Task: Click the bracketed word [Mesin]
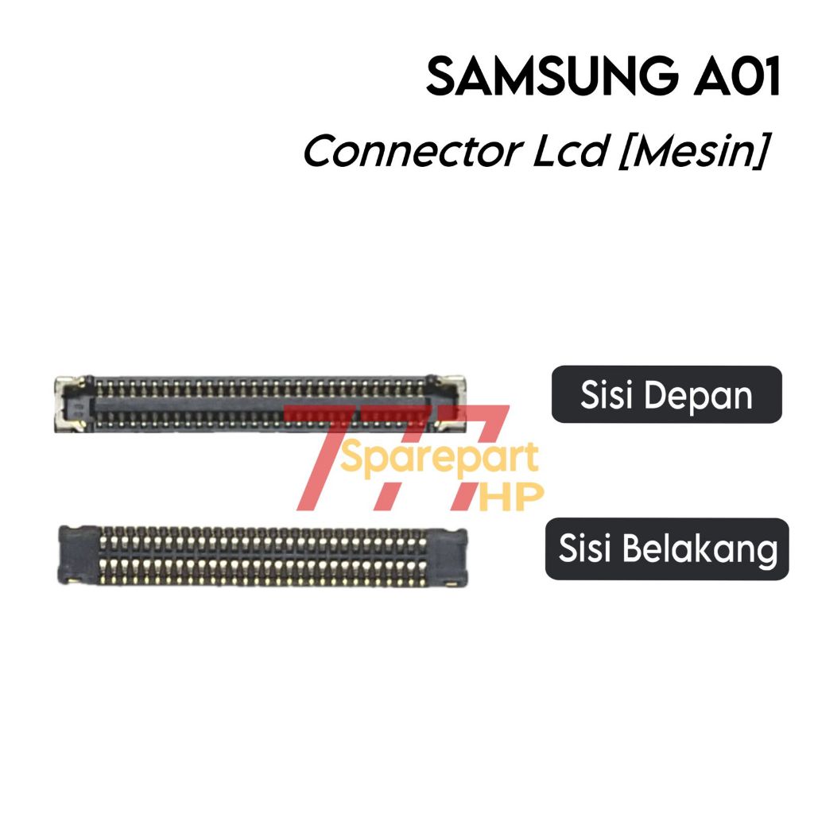(x=691, y=151)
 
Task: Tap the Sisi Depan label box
(x=666, y=394)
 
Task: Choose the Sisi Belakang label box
(x=666, y=549)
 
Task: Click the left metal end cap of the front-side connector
(x=68, y=405)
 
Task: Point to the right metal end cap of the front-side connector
(x=448, y=405)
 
